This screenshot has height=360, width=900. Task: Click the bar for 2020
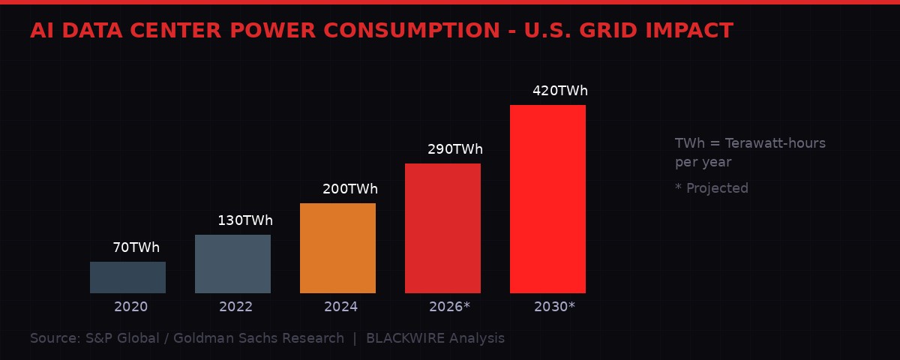(127, 277)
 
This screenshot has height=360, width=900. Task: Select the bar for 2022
(232, 264)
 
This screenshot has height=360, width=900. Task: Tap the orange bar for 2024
(337, 248)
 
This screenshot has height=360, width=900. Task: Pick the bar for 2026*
(442, 228)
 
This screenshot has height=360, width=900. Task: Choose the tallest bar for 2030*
(547, 199)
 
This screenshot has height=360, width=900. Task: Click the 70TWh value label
(136, 247)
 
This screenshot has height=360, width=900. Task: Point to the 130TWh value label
(245, 220)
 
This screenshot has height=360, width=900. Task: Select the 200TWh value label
(350, 189)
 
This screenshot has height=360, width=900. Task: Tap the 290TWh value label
(455, 149)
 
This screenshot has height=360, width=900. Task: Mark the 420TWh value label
(560, 91)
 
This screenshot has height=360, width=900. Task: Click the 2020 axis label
(130, 307)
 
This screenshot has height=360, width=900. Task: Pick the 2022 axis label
(235, 307)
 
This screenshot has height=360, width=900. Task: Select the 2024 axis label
(340, 307)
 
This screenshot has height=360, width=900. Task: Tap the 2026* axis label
(449, 307)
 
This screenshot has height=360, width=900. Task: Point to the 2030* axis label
(554, 307)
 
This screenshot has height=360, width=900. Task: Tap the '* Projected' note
(711, 188)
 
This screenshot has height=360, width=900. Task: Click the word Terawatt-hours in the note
(775, 143)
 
